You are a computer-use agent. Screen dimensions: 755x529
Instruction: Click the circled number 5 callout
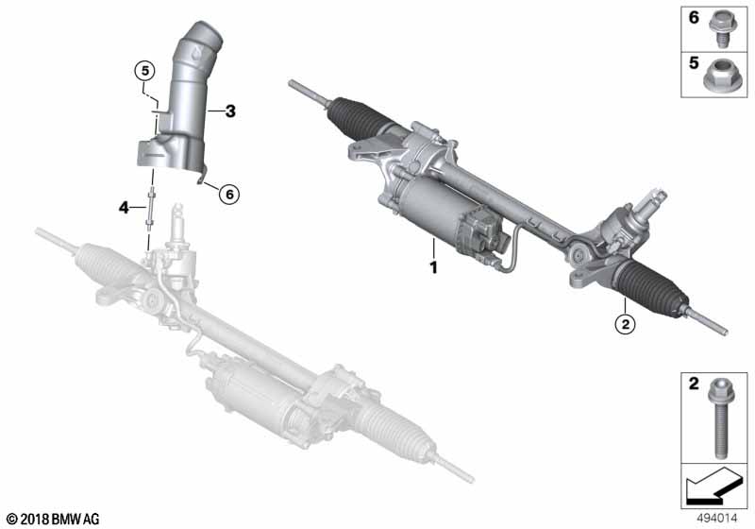[145, 71]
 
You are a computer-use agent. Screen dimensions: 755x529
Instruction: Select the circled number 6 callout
[229, 195]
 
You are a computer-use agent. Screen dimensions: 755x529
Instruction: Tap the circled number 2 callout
[625, 325]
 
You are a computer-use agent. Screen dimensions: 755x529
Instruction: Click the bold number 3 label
[230, 111]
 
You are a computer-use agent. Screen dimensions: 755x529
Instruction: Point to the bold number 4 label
[125, 208]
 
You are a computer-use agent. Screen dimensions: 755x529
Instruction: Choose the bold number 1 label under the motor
[433, 267]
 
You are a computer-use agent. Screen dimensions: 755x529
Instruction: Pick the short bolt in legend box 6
[721, 29]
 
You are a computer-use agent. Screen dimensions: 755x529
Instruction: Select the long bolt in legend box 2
[721, 418]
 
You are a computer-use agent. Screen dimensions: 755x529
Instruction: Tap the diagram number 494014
[717, 519]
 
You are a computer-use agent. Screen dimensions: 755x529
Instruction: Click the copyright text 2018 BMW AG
[53, 519]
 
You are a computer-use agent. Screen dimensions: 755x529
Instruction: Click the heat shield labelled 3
[175, 103]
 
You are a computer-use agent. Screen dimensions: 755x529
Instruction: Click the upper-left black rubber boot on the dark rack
[357, 117]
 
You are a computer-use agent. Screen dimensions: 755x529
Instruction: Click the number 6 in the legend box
[694, 18]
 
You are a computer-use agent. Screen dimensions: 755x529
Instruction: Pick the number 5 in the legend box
[694, 62]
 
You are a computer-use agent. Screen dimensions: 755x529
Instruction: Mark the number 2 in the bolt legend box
[694, 384]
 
